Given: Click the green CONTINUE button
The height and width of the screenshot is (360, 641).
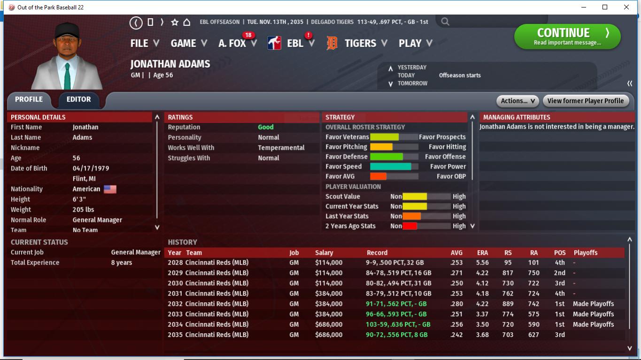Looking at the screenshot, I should pyautogui.click(x=567, y=37).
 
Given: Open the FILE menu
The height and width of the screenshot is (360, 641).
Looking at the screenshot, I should pyautogui.click(x=145, y=43).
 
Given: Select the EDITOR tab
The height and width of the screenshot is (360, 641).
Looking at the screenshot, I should pyautogui.click(x=79, y=100).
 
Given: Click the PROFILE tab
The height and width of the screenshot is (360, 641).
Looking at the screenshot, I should pyautogui.click(x=29, y=100).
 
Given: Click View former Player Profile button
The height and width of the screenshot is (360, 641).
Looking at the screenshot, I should pyautogui.click(x=585, y=101).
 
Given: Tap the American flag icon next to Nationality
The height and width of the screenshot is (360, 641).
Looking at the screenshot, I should pyautogui.click(x=110, y=189).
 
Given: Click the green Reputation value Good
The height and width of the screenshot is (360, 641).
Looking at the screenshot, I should pyautogui.click(x=266, y=127).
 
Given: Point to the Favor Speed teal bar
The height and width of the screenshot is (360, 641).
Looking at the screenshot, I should pyautogui.click(x=390, y=167).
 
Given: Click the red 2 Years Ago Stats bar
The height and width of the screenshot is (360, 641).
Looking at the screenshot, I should pyautogui.click(x=409, y=226).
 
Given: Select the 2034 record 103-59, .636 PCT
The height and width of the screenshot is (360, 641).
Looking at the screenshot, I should pyautogui.click(x=398, y=324).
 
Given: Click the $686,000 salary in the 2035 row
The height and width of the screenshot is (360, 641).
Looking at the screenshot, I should pyautogui.click(x=329, y=335).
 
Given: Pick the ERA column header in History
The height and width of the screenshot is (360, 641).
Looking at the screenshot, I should pyautogui.click(x=482, y=253).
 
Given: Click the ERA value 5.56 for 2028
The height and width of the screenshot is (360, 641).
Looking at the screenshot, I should pyautogui.click(x=482, y=263).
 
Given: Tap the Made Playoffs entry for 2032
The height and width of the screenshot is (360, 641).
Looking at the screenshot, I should pyautogui.click(x=593, y=304).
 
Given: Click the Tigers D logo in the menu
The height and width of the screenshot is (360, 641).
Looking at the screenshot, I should pyautogui.click(x=332, y=44).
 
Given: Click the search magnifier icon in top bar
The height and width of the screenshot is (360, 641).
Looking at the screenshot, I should pyautogui.click(x=445, y=22).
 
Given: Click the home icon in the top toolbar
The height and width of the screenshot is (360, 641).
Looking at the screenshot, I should pyautogui.click(x=186, y=22).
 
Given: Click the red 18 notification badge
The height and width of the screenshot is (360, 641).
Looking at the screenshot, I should pyautogui.click(x=248, y=35).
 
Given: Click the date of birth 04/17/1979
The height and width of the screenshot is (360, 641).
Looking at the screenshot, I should pyautogui.click(x=91, y=169).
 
